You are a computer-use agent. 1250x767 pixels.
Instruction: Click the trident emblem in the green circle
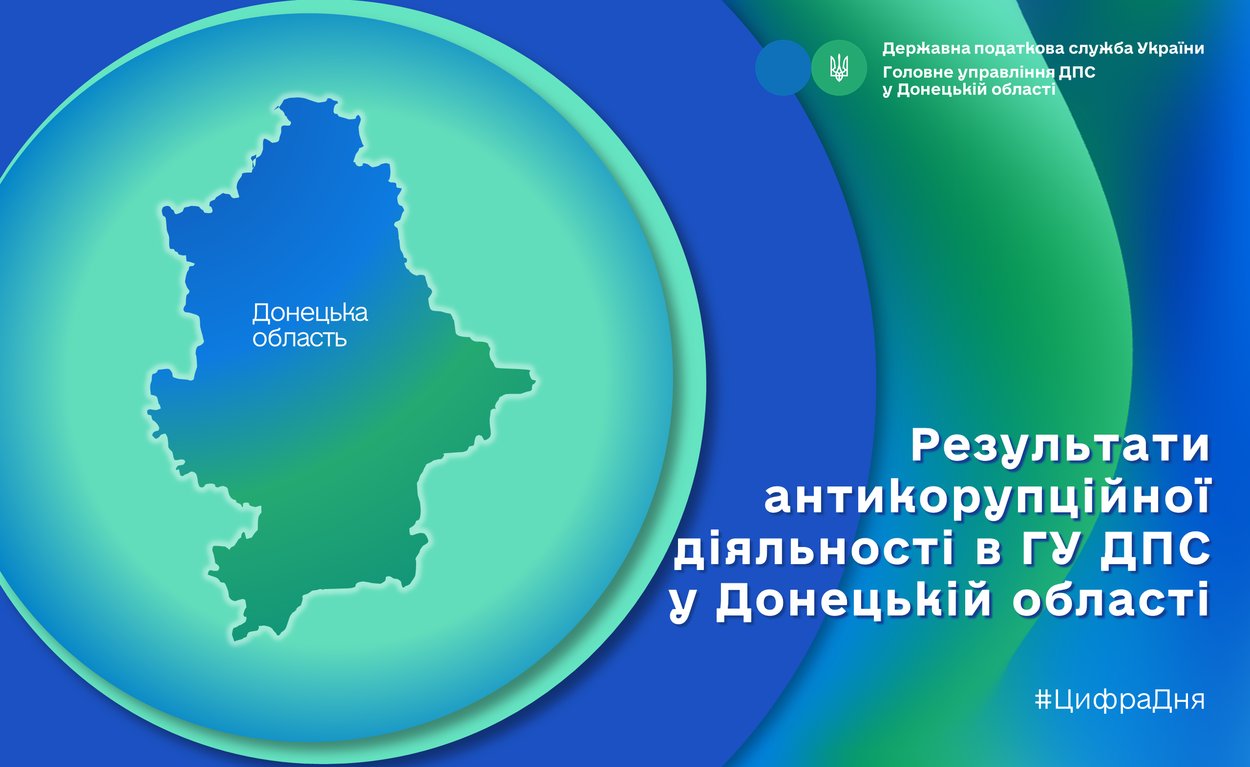point(839,67)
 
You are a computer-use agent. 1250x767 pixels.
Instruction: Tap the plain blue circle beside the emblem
point(783,67)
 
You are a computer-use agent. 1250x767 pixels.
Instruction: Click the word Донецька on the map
point(310,313)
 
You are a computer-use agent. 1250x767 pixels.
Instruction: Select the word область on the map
point(299,338)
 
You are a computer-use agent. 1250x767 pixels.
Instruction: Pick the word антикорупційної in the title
point(988,498)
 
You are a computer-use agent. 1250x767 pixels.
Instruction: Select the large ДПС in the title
point(1156,549)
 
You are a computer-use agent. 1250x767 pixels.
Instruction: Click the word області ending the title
point(1111,600)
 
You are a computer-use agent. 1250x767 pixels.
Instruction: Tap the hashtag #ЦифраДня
point(1119,700)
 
